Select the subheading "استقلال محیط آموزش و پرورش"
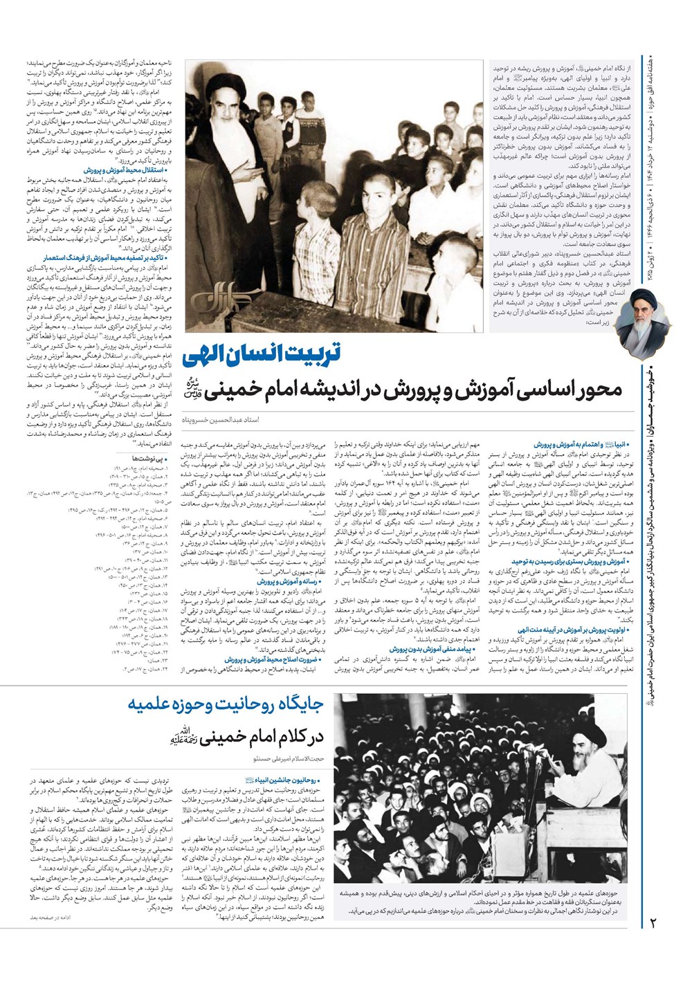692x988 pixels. click(119, 169)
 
